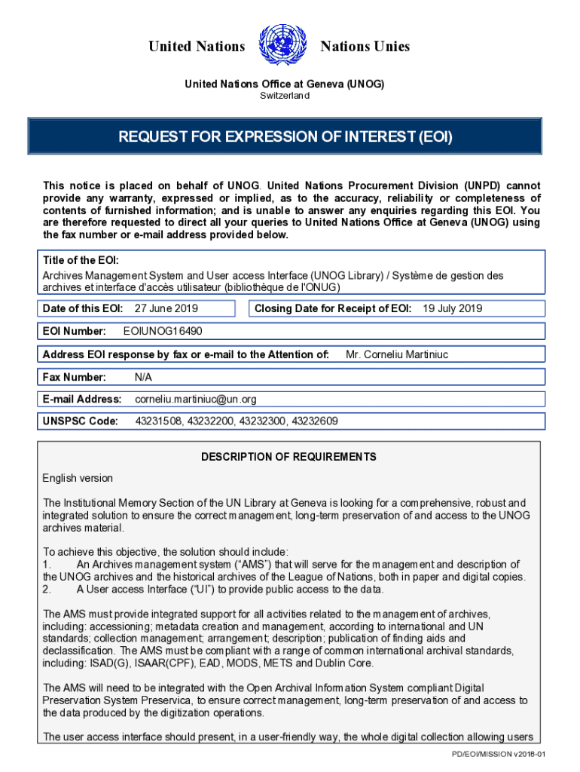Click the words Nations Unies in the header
click(x=365, y=47)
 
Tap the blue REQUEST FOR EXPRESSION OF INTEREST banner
click(x=285, y=136)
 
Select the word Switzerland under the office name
click(x=285, y=96)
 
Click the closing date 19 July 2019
click(x=452, y=308)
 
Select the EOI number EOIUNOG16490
click(x=162, y=331)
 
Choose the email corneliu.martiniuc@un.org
click(x=196, y=399)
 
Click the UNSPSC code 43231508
click(x=158, y=421)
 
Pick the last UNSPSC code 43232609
click(x=311, y=421)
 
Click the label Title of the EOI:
click(x=81, y=261)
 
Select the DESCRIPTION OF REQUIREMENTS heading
click(x=288, y=457)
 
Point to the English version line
click(x=78, y=478)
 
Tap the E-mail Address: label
click(x=82, y=399)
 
